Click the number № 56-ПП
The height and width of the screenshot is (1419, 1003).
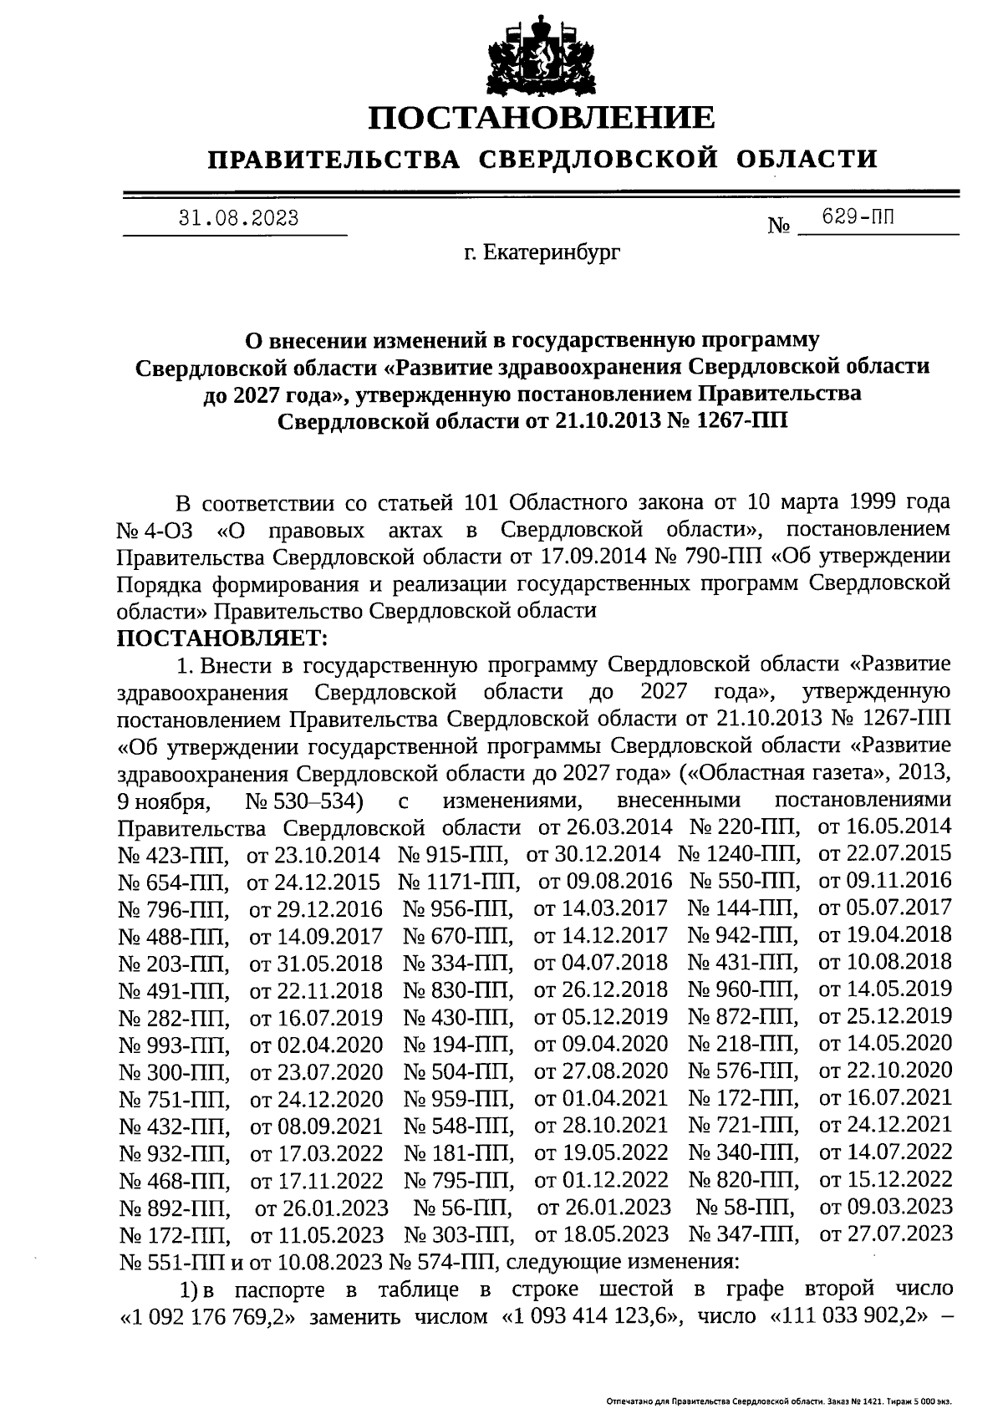click(463, 1208)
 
